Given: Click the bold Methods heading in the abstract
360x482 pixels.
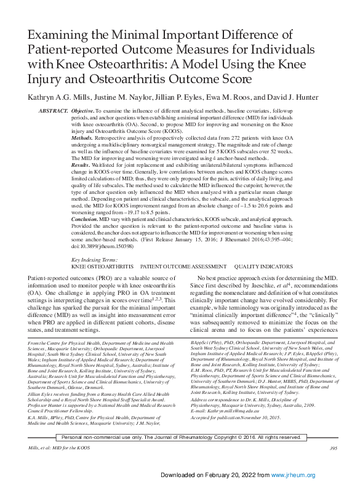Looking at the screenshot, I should (85, 139).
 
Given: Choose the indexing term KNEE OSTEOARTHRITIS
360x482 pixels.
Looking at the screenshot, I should (102, 267).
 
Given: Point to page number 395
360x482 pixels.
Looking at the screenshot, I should (334, 431).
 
